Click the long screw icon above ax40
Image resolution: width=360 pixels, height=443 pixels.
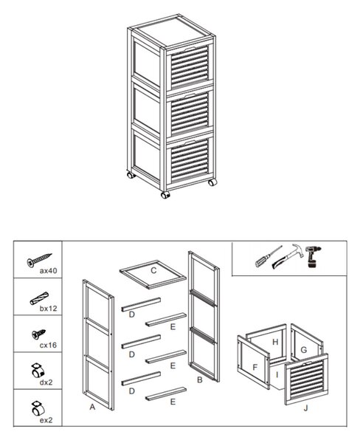click(39, 260)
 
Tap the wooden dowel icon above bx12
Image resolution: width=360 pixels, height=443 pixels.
click(39, 298)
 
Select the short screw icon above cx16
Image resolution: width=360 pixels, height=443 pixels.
click(38, 334)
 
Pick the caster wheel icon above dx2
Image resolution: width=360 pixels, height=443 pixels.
click(38, 371)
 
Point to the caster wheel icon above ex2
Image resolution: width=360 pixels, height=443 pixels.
click(38, 408)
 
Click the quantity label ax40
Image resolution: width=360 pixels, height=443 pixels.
click(48, 271)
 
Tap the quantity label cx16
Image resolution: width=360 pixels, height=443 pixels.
click(48, 345)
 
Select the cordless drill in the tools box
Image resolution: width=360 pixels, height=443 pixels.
click(312, 256)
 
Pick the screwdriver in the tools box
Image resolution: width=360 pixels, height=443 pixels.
click(269, 256)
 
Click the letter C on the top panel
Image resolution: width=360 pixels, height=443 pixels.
click(153, 270)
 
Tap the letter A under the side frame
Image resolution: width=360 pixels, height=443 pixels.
click(92, 407)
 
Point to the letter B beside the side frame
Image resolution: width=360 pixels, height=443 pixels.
click(200, 380)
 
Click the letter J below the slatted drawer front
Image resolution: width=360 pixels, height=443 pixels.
click(306, 408)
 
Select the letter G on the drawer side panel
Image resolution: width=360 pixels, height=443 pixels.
click(303, 350)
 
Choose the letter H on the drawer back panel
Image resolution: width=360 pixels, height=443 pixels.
click(275, 342)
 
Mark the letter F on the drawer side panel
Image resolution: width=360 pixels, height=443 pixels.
click(255, 367)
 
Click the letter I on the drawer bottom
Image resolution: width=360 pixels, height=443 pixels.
click(277, 374)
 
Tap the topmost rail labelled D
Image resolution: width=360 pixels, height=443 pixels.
click(141, 304)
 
